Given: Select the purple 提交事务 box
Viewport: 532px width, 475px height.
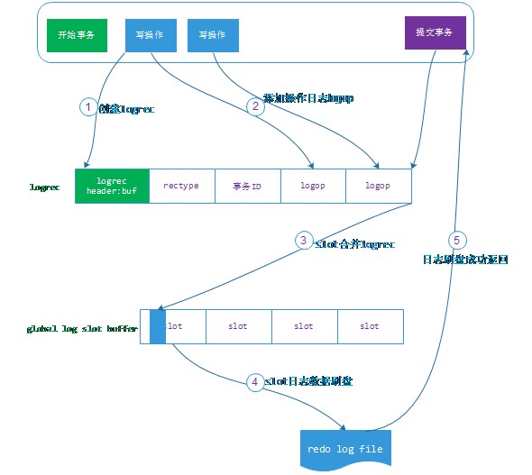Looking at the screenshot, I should click(435, 33).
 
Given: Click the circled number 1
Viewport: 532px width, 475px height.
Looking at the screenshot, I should click(87, 107).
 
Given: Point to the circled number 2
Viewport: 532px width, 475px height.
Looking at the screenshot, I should click(254, 106).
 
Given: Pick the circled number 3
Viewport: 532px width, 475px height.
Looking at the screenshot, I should click(304, 241).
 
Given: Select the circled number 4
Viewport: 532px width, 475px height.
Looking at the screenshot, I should click(255, 381).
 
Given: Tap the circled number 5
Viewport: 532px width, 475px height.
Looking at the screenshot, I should click(455, 241).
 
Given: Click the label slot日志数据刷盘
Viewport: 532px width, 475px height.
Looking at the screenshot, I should click(307, 381).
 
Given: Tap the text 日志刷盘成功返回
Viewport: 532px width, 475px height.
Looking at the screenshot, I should click(466, 260).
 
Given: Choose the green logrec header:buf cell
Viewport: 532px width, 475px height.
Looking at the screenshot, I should click(112, 186).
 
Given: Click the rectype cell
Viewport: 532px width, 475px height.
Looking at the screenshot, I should click(181, 186).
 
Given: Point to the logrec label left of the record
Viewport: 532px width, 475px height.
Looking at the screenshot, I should click(45, 188).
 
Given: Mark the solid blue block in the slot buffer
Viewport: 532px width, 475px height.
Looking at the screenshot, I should click(158, 325).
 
